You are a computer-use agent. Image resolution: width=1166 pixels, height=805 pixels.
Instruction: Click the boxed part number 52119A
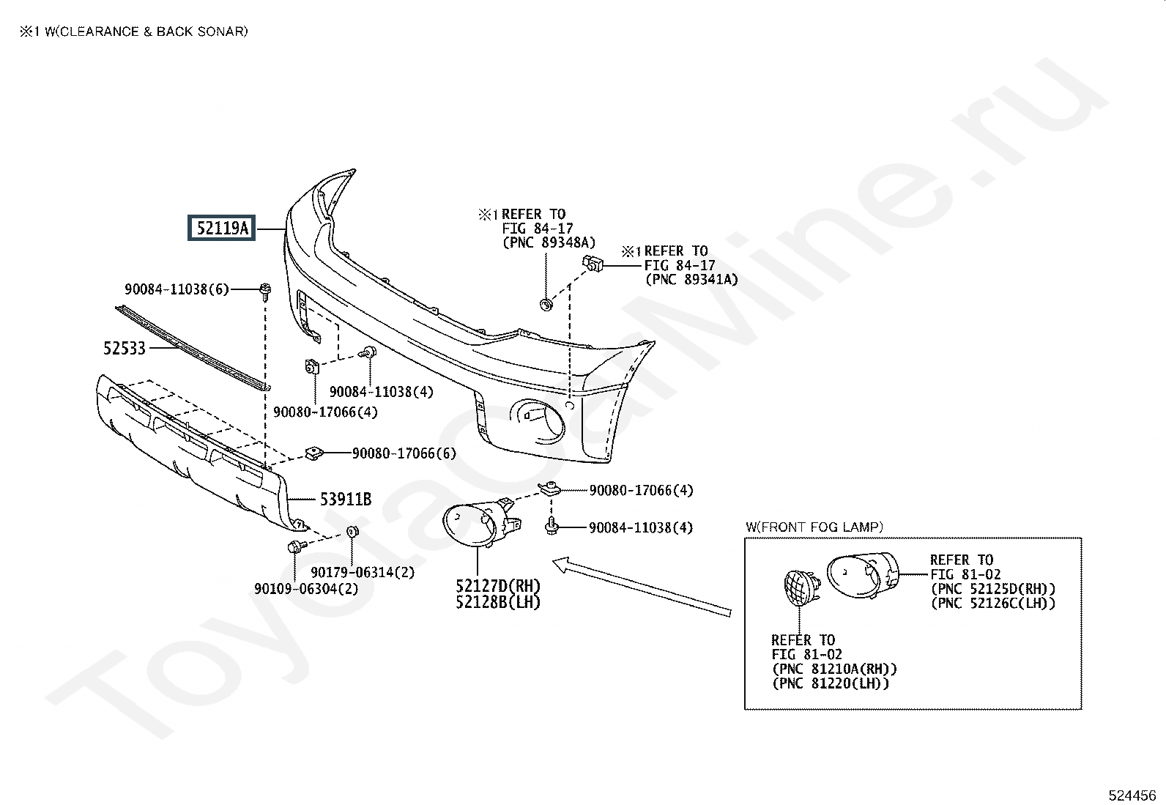(222, 228)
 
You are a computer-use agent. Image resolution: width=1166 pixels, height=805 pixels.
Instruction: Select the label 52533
(125, 349)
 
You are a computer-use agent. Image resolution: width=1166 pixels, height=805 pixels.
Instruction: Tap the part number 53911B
(346, 500)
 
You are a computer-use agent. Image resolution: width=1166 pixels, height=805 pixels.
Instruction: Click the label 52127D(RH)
(498, 586)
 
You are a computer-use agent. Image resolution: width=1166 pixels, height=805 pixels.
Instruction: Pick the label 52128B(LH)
(498, 602)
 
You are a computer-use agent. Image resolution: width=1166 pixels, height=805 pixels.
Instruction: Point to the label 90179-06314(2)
(363, 573)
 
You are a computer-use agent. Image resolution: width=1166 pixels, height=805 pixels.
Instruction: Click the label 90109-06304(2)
(306, 589)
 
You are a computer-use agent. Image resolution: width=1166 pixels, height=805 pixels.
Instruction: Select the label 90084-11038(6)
(177, 289)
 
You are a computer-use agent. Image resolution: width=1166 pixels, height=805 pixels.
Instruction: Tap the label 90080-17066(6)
(404, 453)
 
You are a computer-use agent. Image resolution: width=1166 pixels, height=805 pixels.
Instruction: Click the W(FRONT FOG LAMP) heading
(814, 527)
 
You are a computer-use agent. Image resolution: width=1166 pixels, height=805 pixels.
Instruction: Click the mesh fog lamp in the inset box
(800, 588)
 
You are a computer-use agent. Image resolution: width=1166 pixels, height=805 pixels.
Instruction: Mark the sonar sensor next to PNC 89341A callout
(593, 264)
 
